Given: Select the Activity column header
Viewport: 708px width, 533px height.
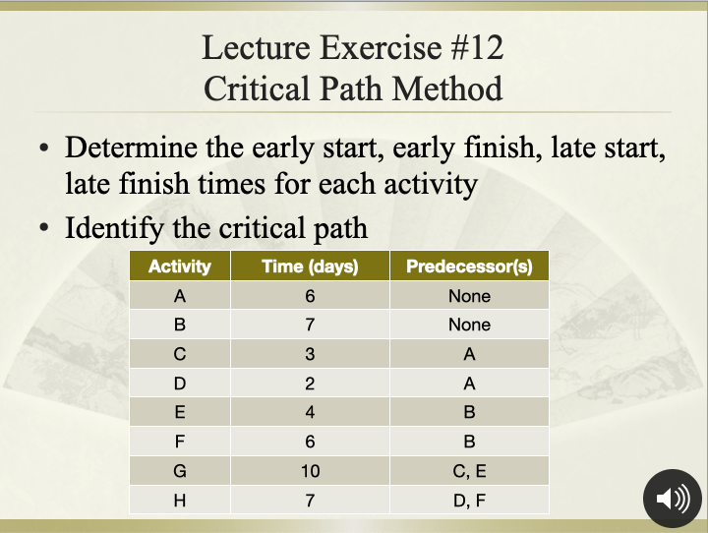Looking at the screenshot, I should coord(179,266).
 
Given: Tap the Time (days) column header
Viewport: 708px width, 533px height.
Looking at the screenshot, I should coord(310,266).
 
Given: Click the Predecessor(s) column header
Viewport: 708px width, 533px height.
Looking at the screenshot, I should coord(469,266).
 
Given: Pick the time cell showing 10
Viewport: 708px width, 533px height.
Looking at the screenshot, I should coord(310,471).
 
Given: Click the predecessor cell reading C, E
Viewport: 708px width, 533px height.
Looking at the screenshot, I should coord(469,471).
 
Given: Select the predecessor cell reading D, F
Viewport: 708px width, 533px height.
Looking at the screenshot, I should coord(469,501).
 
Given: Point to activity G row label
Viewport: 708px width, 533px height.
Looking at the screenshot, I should coord(179,471).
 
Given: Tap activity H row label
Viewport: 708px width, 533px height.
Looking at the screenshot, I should coord(179,501).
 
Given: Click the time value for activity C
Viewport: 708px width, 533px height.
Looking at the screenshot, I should coord(310,354).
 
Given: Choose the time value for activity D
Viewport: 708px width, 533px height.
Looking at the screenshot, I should coord(310,384).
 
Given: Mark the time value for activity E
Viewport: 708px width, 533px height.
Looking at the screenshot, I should coord(310,412).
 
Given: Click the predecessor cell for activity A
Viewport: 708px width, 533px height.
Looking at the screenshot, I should coord(469,296).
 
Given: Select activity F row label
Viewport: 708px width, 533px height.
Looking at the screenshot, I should coord(179,442).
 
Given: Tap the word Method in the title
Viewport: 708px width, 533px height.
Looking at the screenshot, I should coord(447,89).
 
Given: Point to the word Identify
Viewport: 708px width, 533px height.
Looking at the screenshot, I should coord(114,228).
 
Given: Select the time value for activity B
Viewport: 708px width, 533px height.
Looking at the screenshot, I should coord(310,325).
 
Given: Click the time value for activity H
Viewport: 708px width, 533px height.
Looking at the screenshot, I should coord(310,501).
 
